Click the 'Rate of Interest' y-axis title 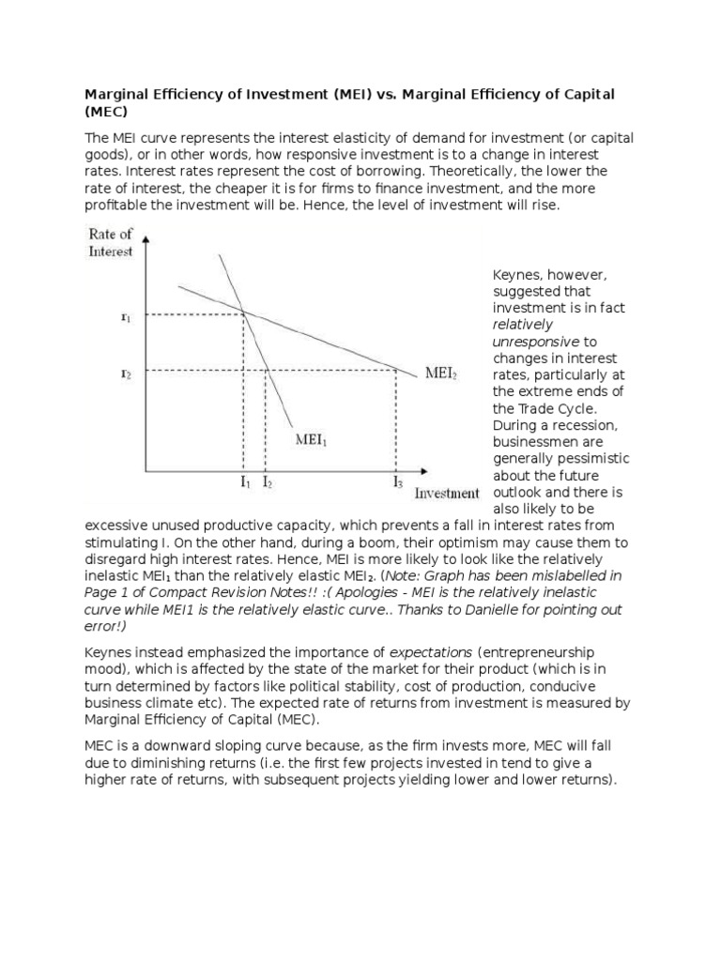(111, 243)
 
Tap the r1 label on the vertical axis (126, 317)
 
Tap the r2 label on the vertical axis (126, 373)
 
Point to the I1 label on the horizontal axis (245, 482)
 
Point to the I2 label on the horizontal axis (268, 482)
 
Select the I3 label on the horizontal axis (398, 482)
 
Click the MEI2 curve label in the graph (440, 373)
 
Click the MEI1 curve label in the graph (312, 438)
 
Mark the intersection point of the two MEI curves (243, 313)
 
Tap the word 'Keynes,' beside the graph (518, 275)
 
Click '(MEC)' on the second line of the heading (106, 112)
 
